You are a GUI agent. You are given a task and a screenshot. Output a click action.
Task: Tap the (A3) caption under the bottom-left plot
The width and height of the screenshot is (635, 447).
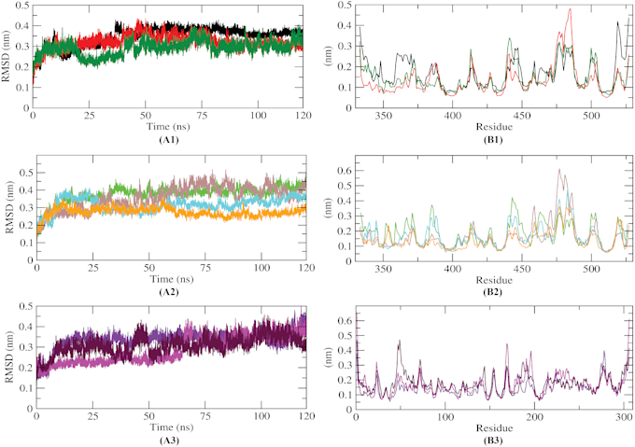click(168, 438)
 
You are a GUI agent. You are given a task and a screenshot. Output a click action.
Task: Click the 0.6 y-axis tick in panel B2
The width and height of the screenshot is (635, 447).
click(346, 172)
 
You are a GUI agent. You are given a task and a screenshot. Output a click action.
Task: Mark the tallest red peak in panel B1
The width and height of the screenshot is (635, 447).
click(570, 10)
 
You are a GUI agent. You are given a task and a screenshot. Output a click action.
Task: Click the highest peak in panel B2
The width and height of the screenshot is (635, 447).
click(559, 170)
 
